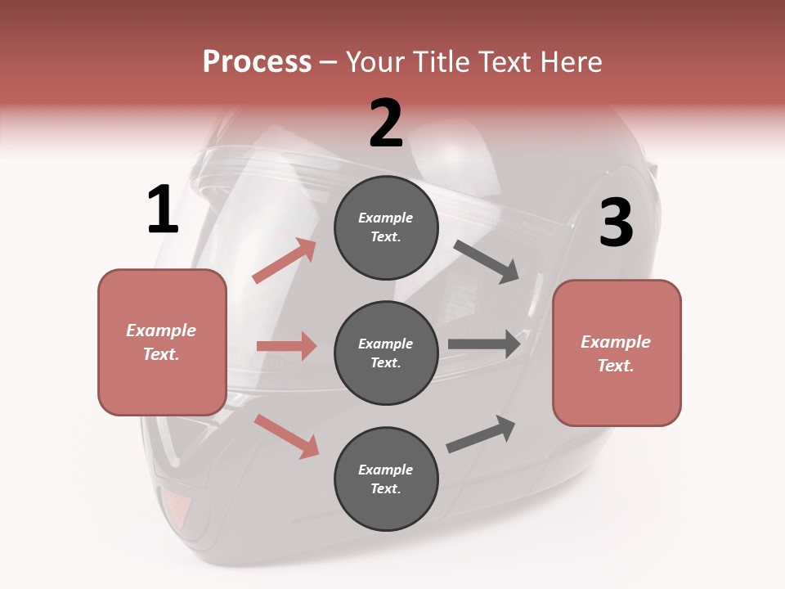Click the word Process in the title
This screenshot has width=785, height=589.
click(x=257, y=62)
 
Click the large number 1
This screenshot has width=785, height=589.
click(x=163, y=210)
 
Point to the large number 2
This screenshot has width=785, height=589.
click(x=386, y=124)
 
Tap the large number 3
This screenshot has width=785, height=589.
click(x=616, y=223)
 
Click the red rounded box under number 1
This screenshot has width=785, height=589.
click(x=162, y=342)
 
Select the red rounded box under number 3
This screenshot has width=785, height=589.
click(x=617, y=353)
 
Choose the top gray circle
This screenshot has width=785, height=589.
click(x=386, y=227)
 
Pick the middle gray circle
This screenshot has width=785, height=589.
click(x=386, y=353)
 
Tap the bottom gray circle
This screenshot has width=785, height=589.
click(x=386, y=479)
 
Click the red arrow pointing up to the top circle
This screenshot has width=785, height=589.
click(x=285, y=261)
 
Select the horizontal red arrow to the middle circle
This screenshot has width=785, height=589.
click(x=286, y=346)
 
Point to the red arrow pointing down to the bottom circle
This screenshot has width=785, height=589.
click(x=286, y=436)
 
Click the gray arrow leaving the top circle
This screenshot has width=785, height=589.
click(x=487, y=262)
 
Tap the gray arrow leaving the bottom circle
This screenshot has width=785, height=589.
click(x=482, y=434)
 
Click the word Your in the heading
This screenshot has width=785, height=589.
click(x=375, y=62)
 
